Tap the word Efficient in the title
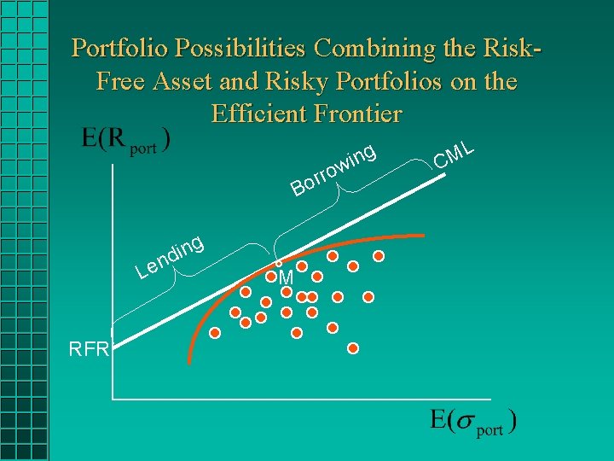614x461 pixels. (x=259, y=114)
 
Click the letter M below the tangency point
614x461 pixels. (x=286, y=279)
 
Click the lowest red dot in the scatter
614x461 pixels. (x=353, y=348)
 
